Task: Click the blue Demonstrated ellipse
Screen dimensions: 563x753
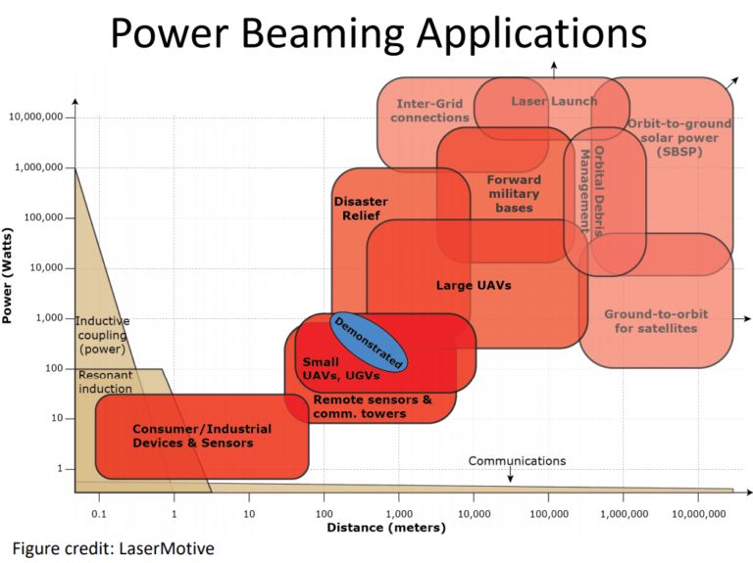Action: pos(368,342)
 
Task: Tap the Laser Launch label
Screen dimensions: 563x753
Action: pos(554,101)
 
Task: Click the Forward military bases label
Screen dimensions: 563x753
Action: pos(514,193)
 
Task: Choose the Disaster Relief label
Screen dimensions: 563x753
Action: pos(361,208)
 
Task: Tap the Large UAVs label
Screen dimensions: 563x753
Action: pos(474,286)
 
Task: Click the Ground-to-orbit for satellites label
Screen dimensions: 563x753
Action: pos(656,321)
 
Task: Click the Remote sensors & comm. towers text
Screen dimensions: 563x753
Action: pos(372,406)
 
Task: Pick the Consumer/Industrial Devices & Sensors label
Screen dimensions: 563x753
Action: pos(201,436)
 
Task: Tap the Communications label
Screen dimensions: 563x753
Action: pos(517,460)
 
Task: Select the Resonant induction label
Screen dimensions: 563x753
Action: pos(105,382)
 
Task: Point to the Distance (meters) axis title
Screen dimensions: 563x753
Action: pos(385,528)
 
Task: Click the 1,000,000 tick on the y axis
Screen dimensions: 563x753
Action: pos(38,167)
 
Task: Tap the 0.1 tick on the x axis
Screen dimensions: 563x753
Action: pos(98,512)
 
